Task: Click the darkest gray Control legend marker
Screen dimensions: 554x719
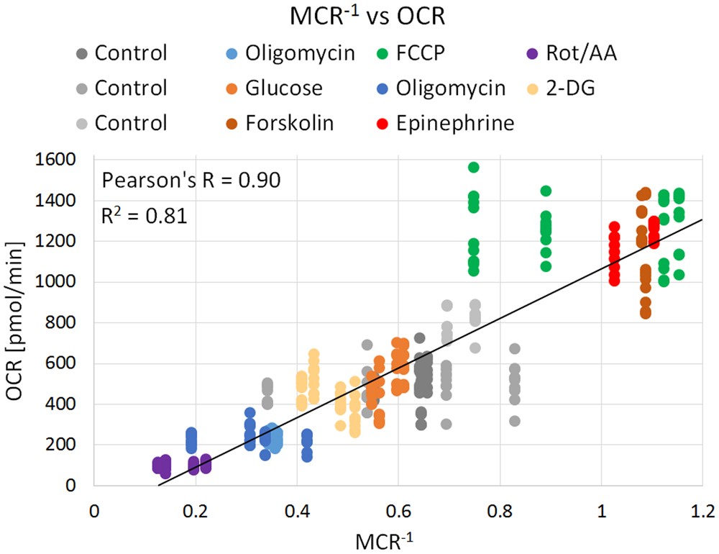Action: [x=81, y=53]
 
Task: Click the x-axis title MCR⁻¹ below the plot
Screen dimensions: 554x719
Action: [x=398, y=536]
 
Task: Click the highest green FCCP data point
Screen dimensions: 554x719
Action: [x=474, y=167]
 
